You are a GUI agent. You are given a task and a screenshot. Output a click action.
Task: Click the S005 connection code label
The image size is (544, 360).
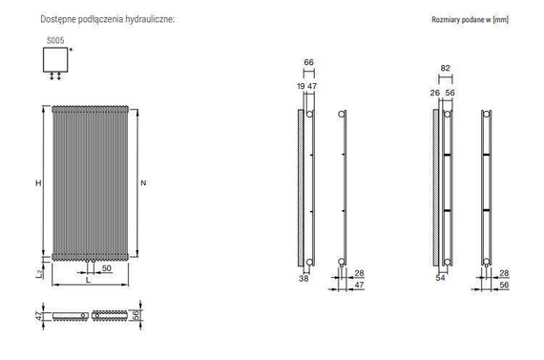pos(55,40)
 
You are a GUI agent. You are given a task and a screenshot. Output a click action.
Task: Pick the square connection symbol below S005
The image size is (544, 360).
pos(55,59)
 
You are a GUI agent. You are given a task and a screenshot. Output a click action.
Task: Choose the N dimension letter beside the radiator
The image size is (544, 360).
pos(143,181)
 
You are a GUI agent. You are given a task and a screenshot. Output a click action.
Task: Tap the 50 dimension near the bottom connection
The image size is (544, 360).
pos(107,268)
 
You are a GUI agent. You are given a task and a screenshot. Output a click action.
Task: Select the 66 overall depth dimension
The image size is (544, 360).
pos(309,62)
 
